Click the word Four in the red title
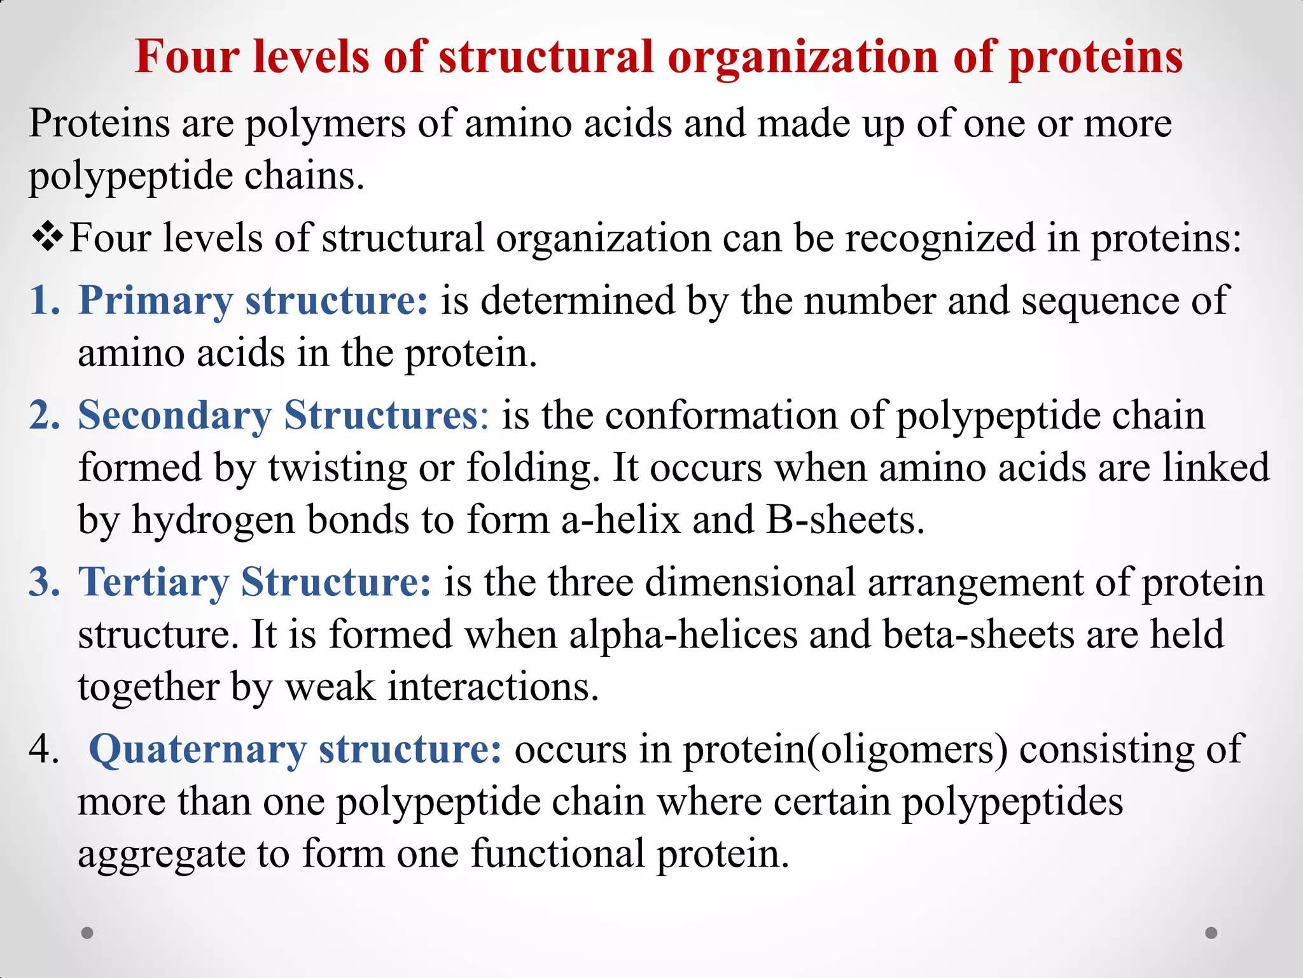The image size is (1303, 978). [x=187, y=57]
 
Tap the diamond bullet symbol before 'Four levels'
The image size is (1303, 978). [x=48, y=237]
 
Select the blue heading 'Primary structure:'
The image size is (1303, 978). [x=253, y=300]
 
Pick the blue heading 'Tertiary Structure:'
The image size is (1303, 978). [x=254, y=582]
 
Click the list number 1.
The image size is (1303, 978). [x=45, y=300]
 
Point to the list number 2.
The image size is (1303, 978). [x=45, y=415]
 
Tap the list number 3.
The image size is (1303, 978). [x=45, y=582]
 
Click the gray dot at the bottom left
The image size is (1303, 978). [x=87, y=933]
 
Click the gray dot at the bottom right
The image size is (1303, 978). [x=1211, y=933]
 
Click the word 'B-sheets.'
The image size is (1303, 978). [x=845, y=520]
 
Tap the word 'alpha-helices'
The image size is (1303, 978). [x=683, y=634]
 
